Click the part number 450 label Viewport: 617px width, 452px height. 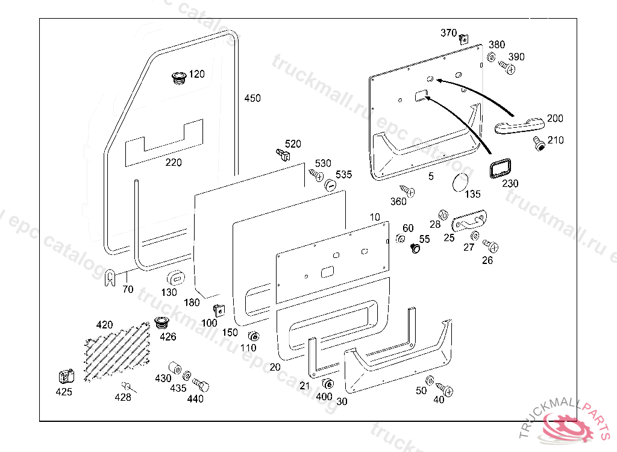252,98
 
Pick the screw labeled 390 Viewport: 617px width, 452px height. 508,67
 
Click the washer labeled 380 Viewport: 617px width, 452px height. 490,58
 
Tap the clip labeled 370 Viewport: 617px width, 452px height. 463,39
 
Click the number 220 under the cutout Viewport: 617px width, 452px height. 173,162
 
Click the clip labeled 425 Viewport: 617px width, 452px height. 66,376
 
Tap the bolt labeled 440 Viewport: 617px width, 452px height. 201,383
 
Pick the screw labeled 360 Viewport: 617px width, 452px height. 408,192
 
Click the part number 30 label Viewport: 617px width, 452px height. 342,401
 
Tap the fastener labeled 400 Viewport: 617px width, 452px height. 328,385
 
